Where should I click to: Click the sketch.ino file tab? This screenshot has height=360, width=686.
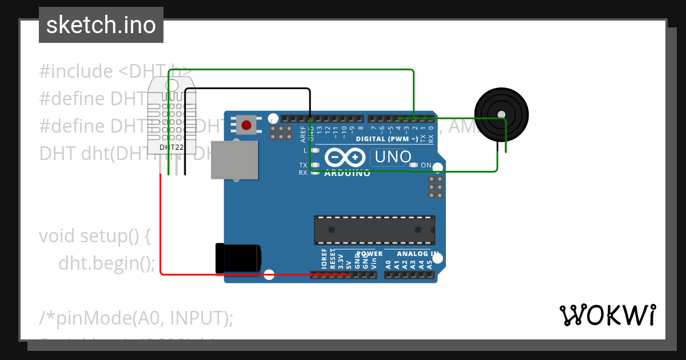tap(101, 25)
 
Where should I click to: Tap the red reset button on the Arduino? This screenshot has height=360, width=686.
tap(246, 125)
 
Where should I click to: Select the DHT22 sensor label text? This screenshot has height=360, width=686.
tap(171, 147)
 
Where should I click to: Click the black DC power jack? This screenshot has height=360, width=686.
tap(238, 258)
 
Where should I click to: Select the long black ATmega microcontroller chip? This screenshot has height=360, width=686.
tap(374, 230)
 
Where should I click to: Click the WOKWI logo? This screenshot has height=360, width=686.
tap(607, 315)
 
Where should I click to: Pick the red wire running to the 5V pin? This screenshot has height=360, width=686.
tap(161, 229)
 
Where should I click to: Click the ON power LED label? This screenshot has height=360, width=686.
tap(426, 166)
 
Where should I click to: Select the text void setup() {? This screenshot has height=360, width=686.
tap(95, 235)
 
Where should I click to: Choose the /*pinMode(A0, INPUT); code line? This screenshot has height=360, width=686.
tap(136, 318)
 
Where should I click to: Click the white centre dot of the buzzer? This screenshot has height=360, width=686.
tap(501, 114)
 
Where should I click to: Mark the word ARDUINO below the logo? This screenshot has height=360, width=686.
tap(347, 173)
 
